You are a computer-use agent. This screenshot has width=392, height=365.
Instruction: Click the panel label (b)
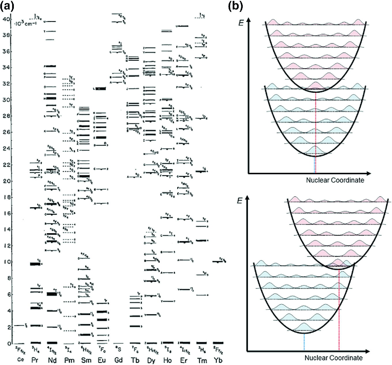pos(235,6)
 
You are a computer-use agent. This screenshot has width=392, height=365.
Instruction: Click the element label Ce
pos(20,360)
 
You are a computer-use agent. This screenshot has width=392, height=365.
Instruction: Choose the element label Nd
pos(52,360)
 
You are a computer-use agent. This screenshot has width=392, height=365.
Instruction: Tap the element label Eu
pos(102,360)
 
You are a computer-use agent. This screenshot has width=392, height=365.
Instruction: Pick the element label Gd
pos(118,360)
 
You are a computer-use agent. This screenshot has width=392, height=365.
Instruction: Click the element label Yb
pos(218,360)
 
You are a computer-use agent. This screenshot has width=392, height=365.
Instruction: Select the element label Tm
pos(202,360)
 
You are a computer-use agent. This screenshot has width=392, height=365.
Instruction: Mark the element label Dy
pos(151,360)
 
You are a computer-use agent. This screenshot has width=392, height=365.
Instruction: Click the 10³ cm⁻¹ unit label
pos(23,23)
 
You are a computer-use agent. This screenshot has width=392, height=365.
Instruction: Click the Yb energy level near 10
pos(218,262)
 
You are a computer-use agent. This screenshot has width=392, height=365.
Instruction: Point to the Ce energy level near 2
pos(19,325)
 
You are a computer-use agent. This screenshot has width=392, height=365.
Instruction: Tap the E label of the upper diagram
pos(241,23)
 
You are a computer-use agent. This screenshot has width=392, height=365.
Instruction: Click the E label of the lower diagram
pos(240,201)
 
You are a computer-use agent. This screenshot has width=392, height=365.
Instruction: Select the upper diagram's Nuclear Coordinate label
pos(335,180)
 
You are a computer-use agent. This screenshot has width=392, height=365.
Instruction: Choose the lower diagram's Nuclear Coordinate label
pos(333,358)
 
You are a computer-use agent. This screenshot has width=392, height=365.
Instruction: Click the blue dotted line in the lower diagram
pos(304,342)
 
